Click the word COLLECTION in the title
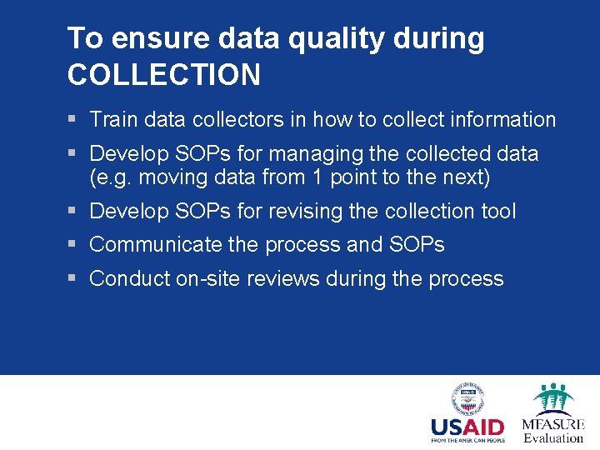163,75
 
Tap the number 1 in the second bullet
314,177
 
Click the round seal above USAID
467,398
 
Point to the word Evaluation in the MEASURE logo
553,437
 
